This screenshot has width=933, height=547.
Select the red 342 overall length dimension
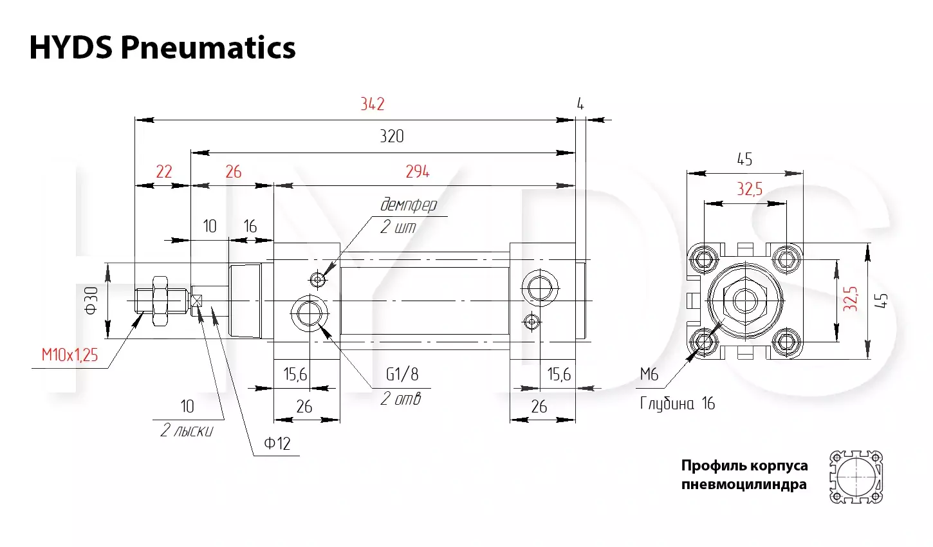(x=373, y=104)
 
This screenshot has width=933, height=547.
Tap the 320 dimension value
(x=392, y=136)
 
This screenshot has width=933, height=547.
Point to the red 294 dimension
(x=418, y=171)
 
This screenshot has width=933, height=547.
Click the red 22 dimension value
(x=163, y=171)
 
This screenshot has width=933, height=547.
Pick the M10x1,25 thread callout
(x=69, y=355)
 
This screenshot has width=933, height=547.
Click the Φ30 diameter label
(x=91, y=300)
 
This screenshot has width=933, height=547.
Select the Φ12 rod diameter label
(x=277, y=443)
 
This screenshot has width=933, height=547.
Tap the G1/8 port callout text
(x=402, y=374)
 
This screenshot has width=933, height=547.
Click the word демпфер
(x=409, y=205)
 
